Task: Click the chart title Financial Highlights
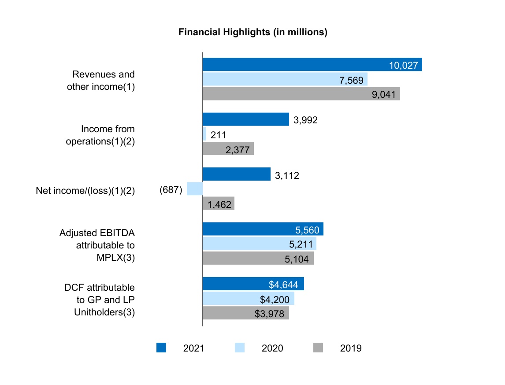click(x=252, y=33)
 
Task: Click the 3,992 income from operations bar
click(x=245, y=119)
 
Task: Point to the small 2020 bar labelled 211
click(x=204, y=134)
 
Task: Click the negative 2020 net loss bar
click(x=195, y=189)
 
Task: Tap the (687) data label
click(x=171, y=190)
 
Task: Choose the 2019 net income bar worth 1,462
click(x=218, y=204)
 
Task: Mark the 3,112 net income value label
click(x=287, y=175)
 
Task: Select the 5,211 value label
click(x=299, y=244)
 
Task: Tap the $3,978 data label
click(x=269, y=314)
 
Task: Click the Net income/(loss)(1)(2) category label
click(x=85, y=190)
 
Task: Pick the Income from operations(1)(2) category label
click(x=100, y=135)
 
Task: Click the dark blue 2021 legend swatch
click(x=161, y=348)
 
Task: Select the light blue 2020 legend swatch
click(x=240, y=348)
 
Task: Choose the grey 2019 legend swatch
click(x=318, y=348)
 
